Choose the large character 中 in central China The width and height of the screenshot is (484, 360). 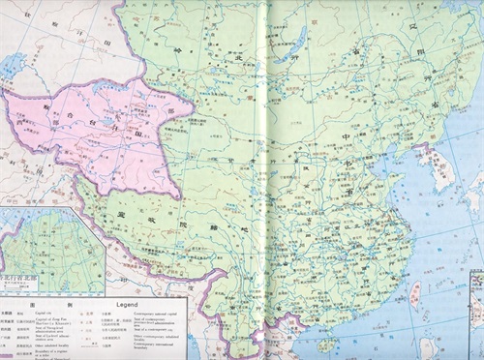347,136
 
